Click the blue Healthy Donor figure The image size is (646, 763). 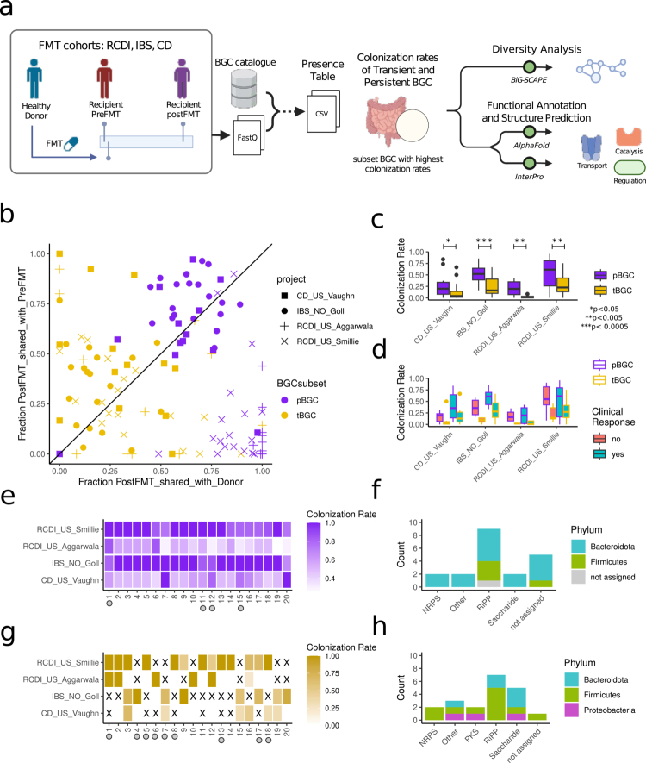pyautogui.click(x=34, y=78)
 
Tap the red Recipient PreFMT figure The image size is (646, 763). pyautogui.click(x=104, y=78)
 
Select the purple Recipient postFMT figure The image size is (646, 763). pyautogui.click(x=182, y=78)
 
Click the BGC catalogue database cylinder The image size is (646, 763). pyautogui.click(x=244, y=88)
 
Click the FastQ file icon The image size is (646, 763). pyautogui.click(x=248, y=135)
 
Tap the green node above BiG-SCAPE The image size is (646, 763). pyautogui.click(x=530, y=67)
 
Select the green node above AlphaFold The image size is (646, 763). pyautogui.click(x=530, y=131)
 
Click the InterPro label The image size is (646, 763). pyautogui.click(x=530, y=177)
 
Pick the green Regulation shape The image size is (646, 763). pyautogui.click(x=630, y=167)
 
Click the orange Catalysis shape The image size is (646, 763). pyautogui.click(x=629, y=137)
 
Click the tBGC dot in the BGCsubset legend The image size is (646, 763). pyautogui.click(x=284, y=416)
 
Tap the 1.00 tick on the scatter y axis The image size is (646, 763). pyautogui.click(x=37, y=254)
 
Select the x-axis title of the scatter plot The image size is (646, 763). pyautogui.click(x=161, y=482)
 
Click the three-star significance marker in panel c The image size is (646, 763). pyautogui.click(x=484, y=241)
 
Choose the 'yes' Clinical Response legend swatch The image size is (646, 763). pyautogui.click(x=599, y=454)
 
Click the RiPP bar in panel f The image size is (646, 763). pyautogui.click(x=488, y=558)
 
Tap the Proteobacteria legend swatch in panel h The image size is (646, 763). pyautogui.click(x=572, y=710)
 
